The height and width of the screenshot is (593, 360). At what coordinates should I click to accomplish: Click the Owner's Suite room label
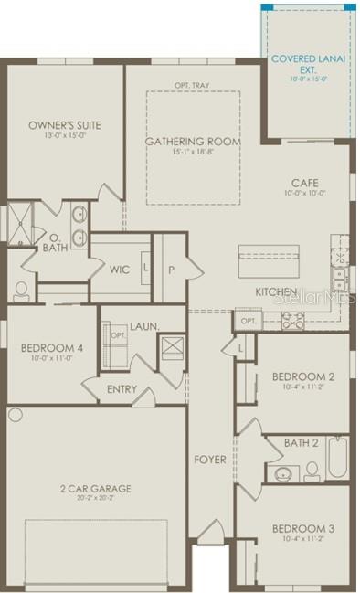(64, 125)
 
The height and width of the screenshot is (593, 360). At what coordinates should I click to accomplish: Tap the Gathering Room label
(194, 142)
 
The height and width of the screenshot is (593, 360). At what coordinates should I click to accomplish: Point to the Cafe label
(304, 182)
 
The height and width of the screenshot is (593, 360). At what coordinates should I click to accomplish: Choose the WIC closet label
(120, 270)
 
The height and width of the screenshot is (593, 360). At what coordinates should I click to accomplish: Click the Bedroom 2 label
(302, 376)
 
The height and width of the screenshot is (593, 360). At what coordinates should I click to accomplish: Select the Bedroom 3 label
(302, 529)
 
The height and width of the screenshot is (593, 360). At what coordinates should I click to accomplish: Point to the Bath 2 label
(302, 443)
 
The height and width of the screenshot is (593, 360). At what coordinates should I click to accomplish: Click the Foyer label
(209, 459)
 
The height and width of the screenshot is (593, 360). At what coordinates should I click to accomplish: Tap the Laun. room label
(144, 325)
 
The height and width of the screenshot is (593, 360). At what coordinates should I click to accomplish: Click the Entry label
(122, 389)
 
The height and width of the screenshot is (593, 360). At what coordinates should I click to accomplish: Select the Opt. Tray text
(194, 86)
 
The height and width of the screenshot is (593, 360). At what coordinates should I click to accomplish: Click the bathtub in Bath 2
(337, 457)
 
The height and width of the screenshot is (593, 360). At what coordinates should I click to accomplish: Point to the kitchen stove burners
(294, 320)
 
